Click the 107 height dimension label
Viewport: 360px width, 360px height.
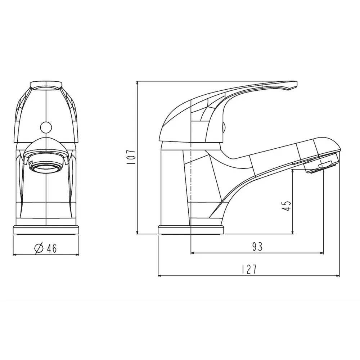pyautogui.click(x=131, y=157)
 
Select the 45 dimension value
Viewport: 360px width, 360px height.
pyautogui.click(x=287, y=205)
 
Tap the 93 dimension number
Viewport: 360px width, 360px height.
pyautogui.click(x=257, y=247)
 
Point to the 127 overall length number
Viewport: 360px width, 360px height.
pyautogui.click(x=249, y=269)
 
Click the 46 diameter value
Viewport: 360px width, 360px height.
pyautogui.click(x=51, y=248)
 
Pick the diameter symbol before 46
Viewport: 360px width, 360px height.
pyautogui.click(x=39, y=248)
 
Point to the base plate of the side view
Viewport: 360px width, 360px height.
pyautogui.click(x=190, y=230)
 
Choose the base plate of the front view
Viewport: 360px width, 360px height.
pyautogui.click(x=46, y=230)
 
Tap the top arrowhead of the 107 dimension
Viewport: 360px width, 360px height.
pyautogui.click(x=138, y=83)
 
